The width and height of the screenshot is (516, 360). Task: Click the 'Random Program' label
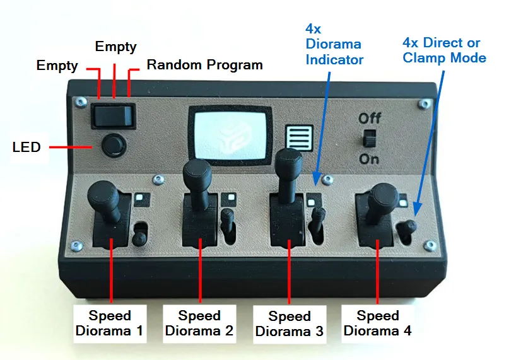(204, 65)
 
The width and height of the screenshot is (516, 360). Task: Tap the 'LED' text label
(26, 147)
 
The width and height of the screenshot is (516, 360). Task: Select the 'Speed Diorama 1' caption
(110, 323)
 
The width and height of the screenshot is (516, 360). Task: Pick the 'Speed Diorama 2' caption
(199, 323)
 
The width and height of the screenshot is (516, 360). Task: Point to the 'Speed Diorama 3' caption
(290, 323)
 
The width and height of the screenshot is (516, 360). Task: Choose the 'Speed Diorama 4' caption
(377, 323)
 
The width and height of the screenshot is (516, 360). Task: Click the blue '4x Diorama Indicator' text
(334, 44)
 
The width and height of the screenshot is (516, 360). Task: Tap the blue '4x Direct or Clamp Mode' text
(444, 50)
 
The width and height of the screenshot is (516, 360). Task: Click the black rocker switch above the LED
(113, 116)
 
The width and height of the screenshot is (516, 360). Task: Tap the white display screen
(230, 135)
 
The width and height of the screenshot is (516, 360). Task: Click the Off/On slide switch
(369, 139)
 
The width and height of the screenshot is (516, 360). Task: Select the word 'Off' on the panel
(370, 118)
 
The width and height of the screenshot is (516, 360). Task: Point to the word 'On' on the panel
(369, 159)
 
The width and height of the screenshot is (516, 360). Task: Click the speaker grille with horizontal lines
(299, 138)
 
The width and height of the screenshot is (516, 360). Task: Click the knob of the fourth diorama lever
(384, 195)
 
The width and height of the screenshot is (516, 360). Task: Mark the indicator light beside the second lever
(232, 197)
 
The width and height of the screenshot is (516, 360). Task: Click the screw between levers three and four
(327, 180)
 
